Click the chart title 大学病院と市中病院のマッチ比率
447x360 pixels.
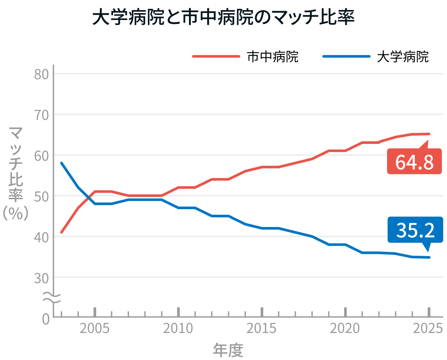pos(223,18)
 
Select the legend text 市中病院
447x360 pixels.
pos(273,57)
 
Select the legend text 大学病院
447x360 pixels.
pos(403,57)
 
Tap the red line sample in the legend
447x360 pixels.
pos(216,57)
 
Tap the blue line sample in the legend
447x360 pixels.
pos(346,57)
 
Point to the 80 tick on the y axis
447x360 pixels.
pos(41,74)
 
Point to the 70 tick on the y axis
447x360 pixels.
pos(41,115)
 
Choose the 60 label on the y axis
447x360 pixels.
pos(41,156)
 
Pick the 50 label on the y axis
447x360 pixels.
pos(41,196)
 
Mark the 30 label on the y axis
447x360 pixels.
pos(41,278)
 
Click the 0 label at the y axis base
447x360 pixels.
pos(46,319)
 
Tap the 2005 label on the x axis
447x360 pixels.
pos(95,328)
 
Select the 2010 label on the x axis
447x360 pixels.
pos(178,328)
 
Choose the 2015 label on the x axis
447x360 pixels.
pos(262,328)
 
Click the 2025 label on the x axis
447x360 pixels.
pos(428,328)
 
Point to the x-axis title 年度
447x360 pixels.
pos(228,350)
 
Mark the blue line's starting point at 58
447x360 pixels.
pos(62,163)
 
